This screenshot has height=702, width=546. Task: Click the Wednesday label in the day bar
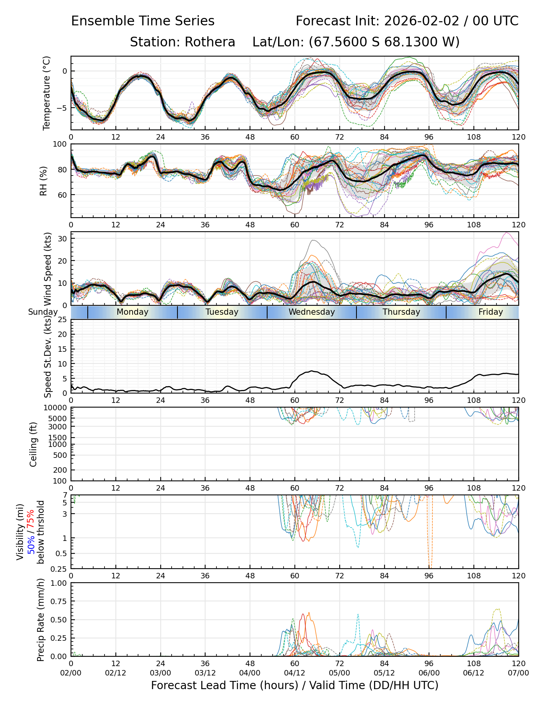tap(312, 312)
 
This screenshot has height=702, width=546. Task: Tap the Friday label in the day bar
tap(491, 312)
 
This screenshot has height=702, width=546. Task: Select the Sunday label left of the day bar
tap(43, 312)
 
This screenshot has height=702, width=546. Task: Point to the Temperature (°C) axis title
tap(47, 93)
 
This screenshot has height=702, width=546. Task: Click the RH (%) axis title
tap(43, 181)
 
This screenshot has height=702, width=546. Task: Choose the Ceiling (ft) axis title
tap(34, 444)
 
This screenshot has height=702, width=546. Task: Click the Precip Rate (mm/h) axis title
tap(41, 620)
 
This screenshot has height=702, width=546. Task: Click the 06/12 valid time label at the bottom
tap(474, 673)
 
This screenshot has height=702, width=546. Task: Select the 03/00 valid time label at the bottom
tap(160, 673)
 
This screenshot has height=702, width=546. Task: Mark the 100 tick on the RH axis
tap(60, 144)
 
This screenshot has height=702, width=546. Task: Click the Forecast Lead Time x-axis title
tap(294, 685)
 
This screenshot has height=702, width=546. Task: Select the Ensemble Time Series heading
tap(143, 21)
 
